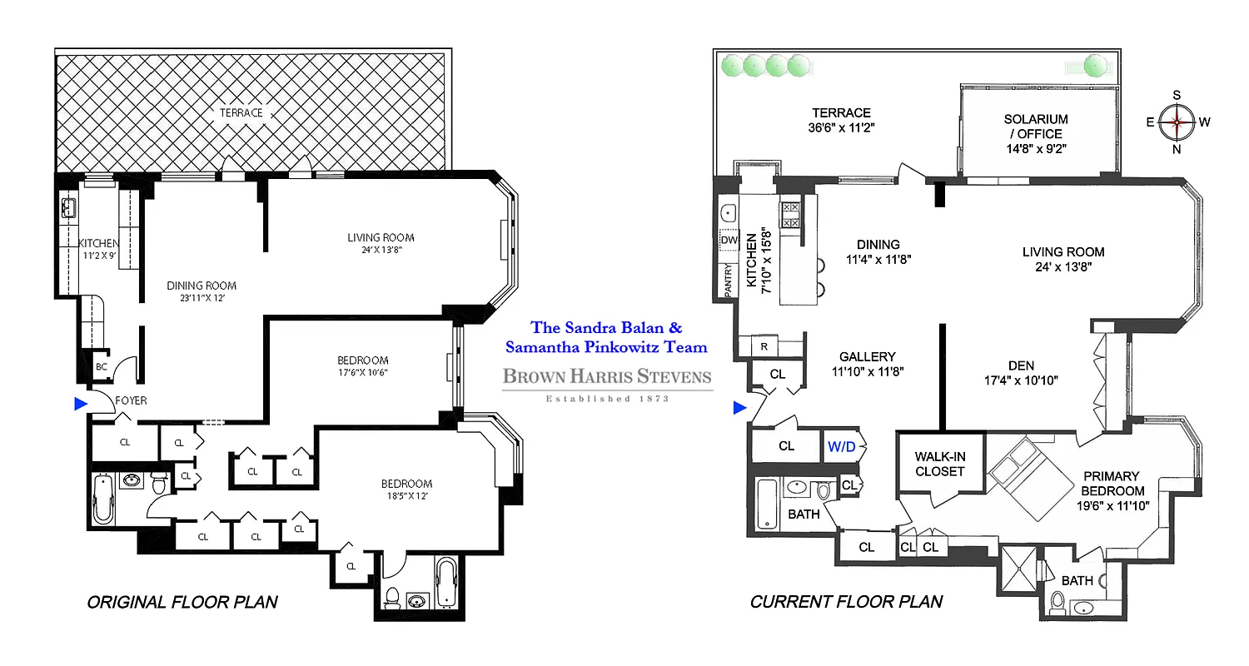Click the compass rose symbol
tap(1177, 122)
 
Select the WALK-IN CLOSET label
tap(939, 464)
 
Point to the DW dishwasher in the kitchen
tap(729, 240)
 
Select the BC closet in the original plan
tap(102, 365)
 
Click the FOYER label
tap(131, 400)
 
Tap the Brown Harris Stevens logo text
tap(607, 377)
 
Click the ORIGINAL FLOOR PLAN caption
tap(182, 602)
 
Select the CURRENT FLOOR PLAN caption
tap(846, 602)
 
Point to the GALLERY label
tap(867, 355)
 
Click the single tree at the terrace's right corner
tap(1096, 64)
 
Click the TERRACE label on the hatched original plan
tap(241, 112)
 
